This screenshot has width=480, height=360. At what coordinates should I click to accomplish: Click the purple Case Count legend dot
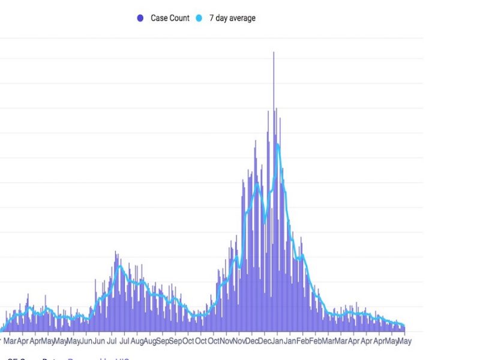pos(140,19)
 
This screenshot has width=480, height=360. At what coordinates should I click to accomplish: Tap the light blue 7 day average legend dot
pos(201,19)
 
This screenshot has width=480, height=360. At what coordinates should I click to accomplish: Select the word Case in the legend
pos(159,19)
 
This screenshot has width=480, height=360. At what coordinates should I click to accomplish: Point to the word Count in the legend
pos(179,19)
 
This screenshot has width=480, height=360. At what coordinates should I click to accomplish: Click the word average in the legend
pos(241,19)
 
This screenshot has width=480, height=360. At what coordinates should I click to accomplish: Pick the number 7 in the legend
pos(211,19)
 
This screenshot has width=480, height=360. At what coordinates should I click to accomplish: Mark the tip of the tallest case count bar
pos(274,52)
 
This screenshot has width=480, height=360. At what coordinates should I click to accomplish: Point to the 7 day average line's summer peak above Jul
pos(119,266)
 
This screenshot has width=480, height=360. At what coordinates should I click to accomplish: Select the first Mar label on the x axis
pos(10,341)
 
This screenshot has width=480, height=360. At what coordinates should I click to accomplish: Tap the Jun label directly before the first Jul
pos(99,341)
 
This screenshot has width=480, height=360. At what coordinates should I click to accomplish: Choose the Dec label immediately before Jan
pos(264,341)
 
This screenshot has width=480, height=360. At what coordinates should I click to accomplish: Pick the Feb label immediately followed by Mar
pos(315,341)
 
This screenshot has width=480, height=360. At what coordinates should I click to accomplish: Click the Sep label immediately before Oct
pos(175,341)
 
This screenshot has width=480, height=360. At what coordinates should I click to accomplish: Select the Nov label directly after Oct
pos(227,341)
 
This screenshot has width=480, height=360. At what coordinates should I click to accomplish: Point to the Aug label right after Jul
pos(137,341)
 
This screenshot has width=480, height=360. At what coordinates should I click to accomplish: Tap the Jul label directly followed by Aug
pos(125,341)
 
